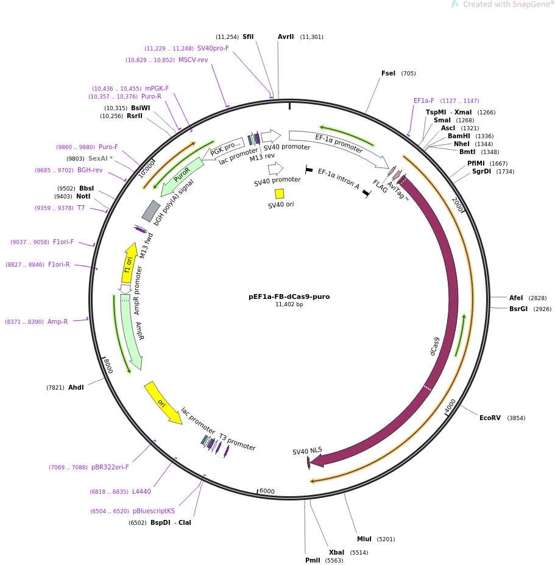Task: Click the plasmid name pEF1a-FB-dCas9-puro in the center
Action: point(289,297)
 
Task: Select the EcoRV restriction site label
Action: point(490,418)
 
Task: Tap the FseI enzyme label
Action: point(388,74)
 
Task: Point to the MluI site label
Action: point(364,539)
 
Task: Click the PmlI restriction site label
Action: point(312,560)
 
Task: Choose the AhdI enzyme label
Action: point(76,387)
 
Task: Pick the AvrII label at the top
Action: point(286,37)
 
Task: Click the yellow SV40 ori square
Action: point(280,194)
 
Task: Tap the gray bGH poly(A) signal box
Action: point(150,211)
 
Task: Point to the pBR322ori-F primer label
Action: point(110,468)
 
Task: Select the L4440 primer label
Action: point(141,491)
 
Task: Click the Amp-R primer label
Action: point(58,321)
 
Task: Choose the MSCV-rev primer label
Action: point(193,60)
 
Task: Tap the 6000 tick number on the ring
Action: point(267,491)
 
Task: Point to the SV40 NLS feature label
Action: point(307,451)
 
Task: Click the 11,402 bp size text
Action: point(289,304)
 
